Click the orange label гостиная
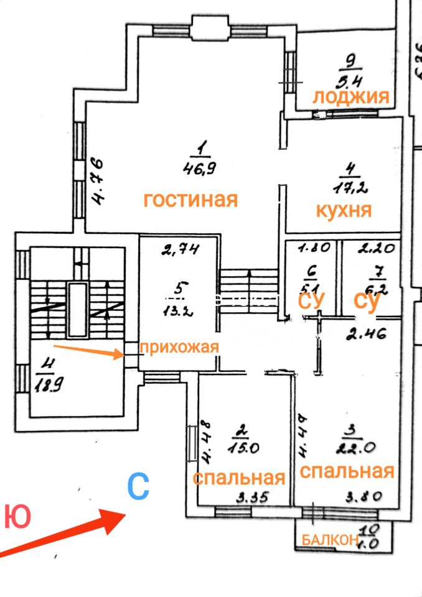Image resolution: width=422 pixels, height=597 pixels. (x=190, y=200)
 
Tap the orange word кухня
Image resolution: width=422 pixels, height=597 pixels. (x=344, y=210)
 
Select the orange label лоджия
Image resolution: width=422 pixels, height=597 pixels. (x=350, y=97)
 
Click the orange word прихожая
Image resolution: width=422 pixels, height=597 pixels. (x=179, y=347)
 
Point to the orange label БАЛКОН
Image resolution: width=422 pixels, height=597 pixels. (x=329, y=540)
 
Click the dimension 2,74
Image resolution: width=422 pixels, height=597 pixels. (x=180, y=251)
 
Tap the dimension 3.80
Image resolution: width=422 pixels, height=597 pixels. (x=365, y=497)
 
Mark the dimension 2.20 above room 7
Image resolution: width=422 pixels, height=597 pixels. (x=375, y=250)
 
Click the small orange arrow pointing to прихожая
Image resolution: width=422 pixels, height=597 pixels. (x=88, y=352)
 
